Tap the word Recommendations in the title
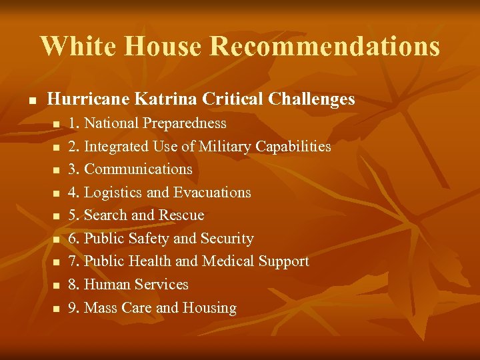(325, 47)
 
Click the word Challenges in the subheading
(311, 99)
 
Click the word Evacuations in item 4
(212, 193)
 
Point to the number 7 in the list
(73, 261)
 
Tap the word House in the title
(163, 47)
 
